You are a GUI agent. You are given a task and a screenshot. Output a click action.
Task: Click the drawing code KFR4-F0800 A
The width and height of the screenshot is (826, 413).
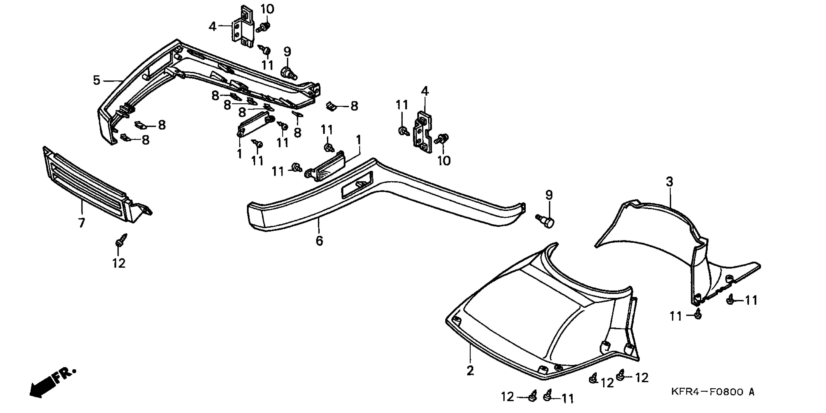pos(712,392)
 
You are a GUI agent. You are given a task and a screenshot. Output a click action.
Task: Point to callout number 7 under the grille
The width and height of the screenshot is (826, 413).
pos(82,222)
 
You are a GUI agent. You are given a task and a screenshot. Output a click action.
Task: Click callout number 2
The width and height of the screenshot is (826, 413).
pos(470,371)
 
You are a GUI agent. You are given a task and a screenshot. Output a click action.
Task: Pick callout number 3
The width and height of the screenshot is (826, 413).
pos(669,182)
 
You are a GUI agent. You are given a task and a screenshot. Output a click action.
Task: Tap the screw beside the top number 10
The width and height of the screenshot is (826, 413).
pos(264,27)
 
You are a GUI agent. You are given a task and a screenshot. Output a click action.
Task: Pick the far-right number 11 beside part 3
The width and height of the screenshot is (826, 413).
pos(751,300)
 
